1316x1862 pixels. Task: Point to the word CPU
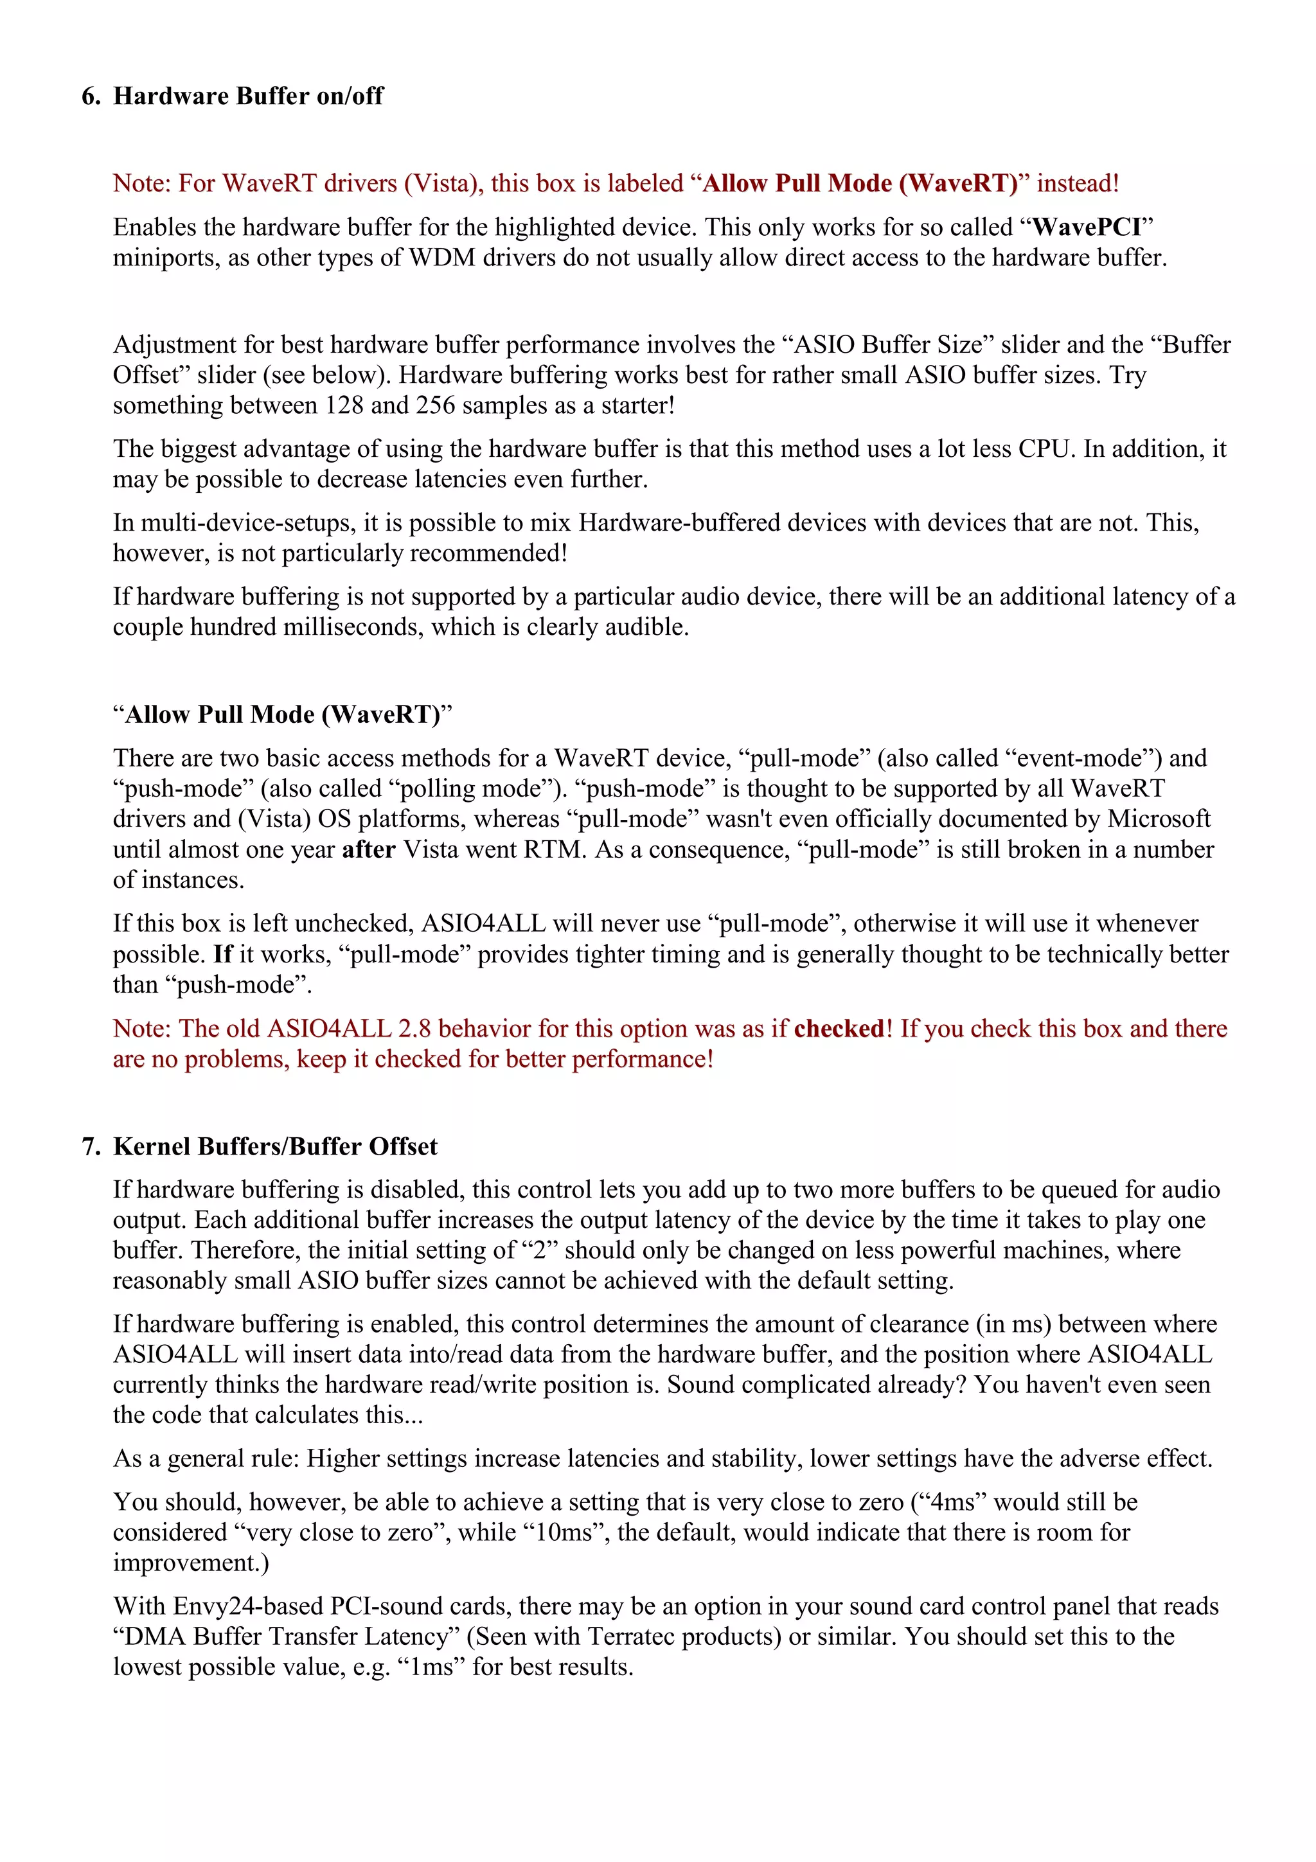(1046, 448)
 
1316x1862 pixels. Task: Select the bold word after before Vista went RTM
(368, 849)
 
